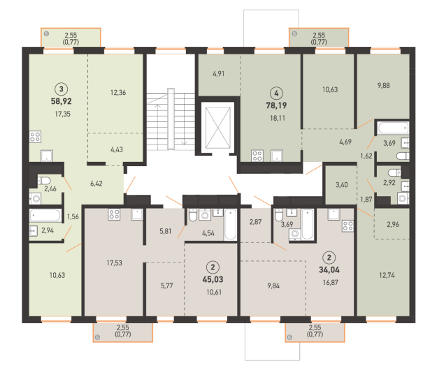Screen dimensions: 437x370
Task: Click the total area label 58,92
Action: click(x=62, y=101)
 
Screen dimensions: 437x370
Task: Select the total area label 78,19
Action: click(x=276, y=105)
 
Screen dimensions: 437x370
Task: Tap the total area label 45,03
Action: click(x=213, y=279)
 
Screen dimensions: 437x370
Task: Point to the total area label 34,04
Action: click(x=329, y=269)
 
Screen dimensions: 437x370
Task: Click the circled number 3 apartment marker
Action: click(x=62, y=89)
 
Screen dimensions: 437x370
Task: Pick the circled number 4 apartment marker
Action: click(x=276, y=93)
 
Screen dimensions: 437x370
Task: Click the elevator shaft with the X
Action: click(x=218, y=128)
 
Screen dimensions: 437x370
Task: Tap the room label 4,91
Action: click(x=218, y=74)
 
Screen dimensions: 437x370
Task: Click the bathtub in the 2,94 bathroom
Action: click(x=45, y=216)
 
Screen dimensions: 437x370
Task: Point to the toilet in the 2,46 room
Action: click(x=44, y=181)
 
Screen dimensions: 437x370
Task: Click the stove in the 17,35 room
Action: click(x=35, y=137)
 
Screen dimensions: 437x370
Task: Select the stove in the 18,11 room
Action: click(x=257, y=156)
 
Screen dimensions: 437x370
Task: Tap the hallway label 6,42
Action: click(x=96, y=184)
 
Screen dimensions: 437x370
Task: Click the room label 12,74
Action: click(x=387, y=276)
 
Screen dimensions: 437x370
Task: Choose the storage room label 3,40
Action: click(x=342, y=185)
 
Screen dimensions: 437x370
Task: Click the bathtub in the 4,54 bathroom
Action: click(x=231, y=225)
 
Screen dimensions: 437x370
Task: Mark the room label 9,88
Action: click(x=383, y=86)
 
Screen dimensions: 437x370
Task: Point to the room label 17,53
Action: click(x=114, y=263)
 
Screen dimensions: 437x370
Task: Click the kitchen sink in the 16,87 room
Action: click(x=334, y=214)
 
